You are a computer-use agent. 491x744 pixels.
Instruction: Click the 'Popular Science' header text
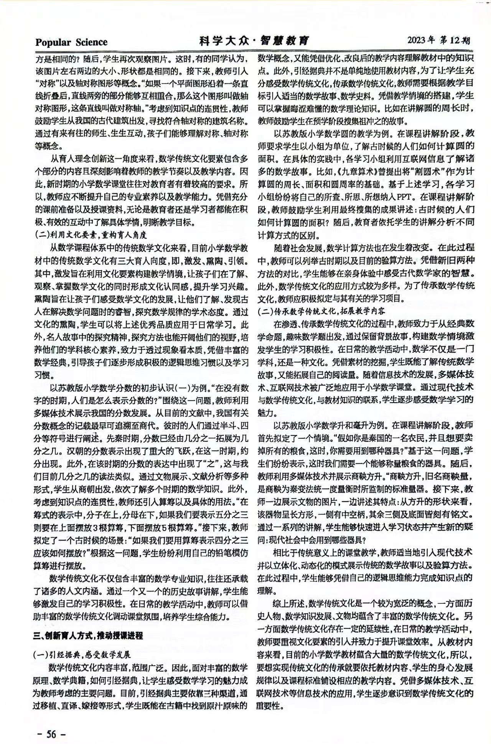point(71,42)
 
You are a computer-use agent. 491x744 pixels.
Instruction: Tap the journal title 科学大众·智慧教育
point(254,41)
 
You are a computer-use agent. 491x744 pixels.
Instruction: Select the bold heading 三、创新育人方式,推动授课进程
point(88,635)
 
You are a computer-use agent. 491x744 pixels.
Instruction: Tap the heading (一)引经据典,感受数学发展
point(82,654)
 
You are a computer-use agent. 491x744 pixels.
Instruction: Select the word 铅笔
point(205,553)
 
